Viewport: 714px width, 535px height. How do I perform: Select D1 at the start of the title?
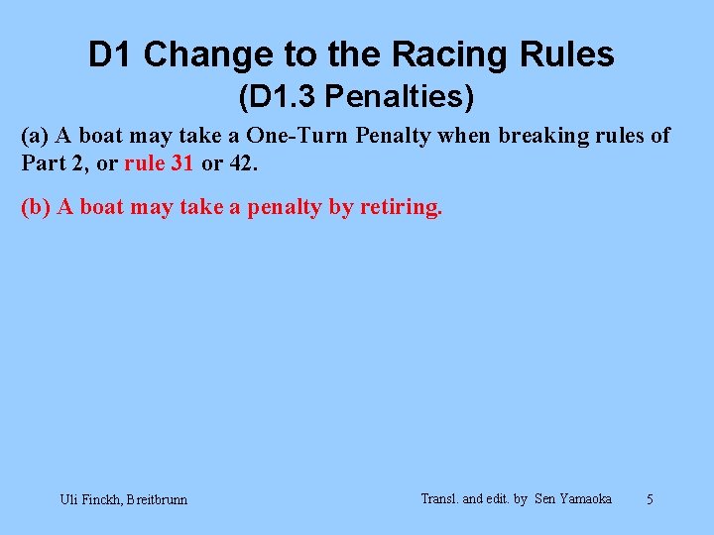point(111,54)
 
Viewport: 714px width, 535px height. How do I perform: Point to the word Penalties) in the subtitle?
point(400,97)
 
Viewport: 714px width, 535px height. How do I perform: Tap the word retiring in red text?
point(403,208)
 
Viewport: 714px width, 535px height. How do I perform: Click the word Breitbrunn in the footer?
point(157,499)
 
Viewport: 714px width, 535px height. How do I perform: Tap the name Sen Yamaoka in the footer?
point(573,498)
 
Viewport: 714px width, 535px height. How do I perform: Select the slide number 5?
point(650,499)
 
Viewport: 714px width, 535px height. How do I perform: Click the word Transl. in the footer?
point(440,498)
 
